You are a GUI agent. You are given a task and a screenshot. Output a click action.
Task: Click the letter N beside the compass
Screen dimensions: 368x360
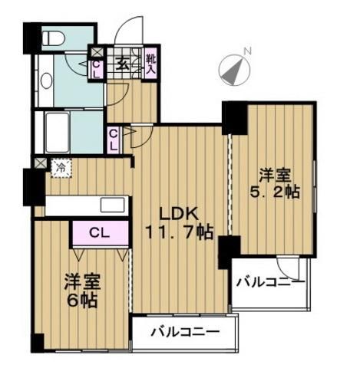point(247,51)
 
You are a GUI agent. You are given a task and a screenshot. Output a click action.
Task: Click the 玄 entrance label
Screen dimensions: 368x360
point(122,64)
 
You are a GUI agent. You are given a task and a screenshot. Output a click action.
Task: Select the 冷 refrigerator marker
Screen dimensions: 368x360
point(59,165)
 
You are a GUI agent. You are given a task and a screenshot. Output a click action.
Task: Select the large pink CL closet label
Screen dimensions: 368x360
point(98,232)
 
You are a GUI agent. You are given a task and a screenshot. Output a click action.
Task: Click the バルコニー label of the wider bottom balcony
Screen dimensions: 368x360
point(184,332)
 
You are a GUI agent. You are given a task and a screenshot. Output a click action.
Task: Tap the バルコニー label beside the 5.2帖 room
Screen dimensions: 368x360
point(269,282)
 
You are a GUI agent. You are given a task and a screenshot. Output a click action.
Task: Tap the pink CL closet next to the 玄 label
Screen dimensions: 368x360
point(97,69)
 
